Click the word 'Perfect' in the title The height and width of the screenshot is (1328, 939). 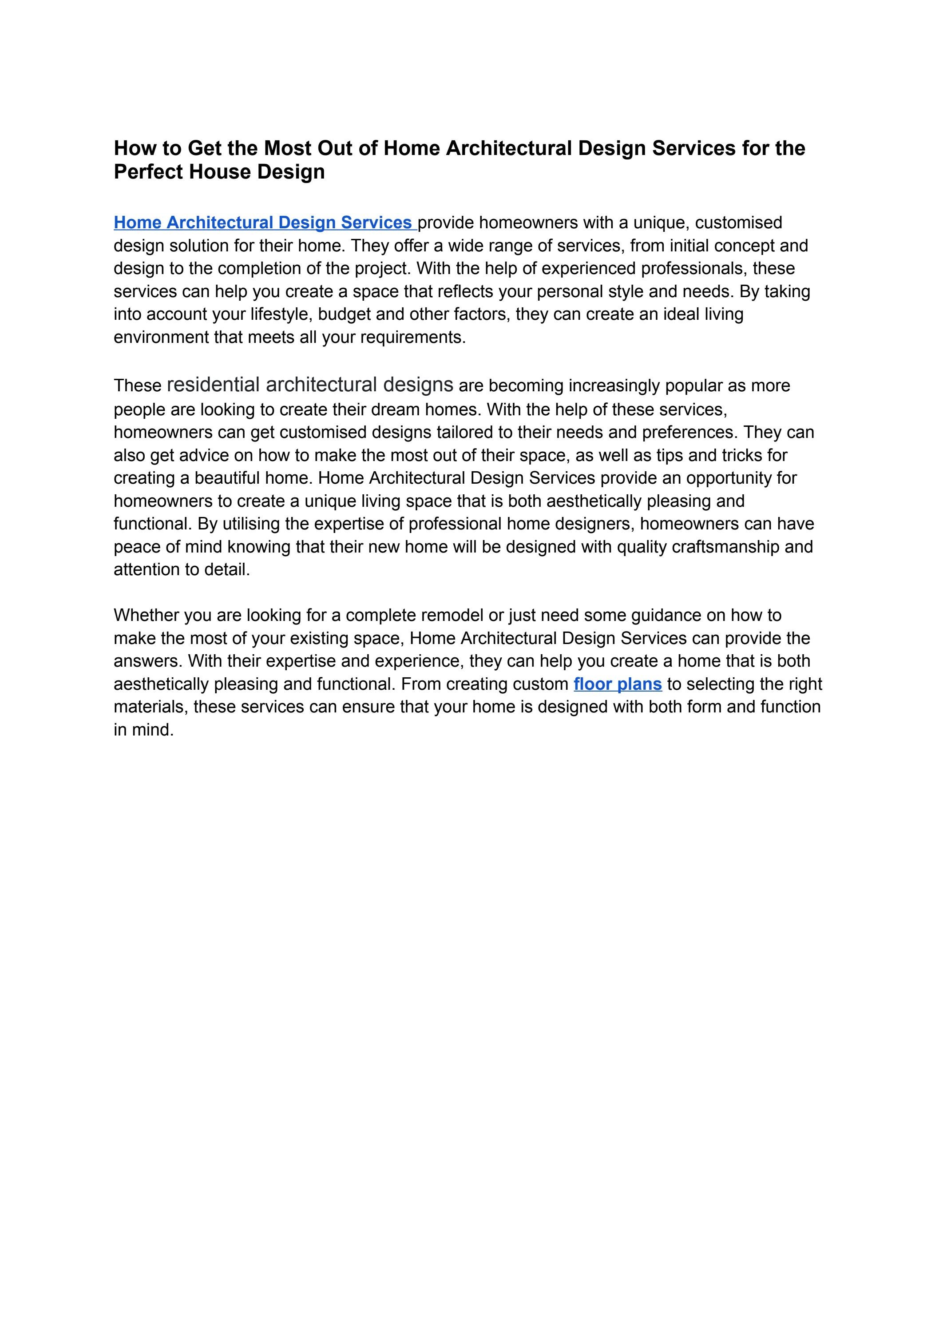pos(147,172)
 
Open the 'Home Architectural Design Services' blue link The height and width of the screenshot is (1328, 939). pos(263,223)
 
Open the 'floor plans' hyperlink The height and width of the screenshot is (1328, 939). pos(618,684)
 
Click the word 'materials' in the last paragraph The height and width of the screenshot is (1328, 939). pos(151,707)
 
